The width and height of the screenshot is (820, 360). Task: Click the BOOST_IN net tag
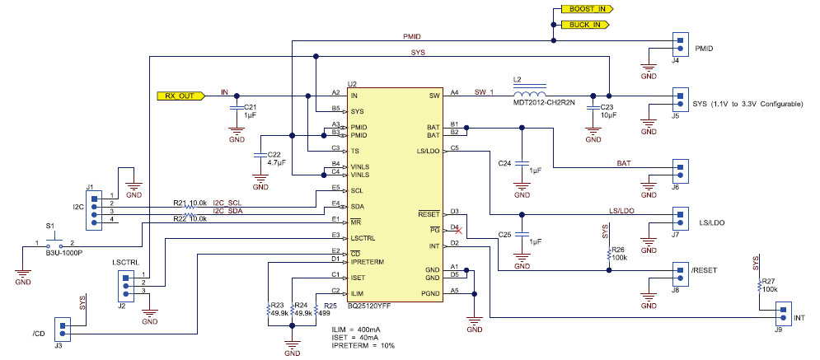[586, 8]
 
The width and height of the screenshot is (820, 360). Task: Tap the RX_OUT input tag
[178, 95]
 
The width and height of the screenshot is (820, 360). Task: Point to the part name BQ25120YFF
[368, 306]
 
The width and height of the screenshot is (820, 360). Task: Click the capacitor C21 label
[251, 108]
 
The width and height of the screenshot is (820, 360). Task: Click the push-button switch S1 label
[50, 225]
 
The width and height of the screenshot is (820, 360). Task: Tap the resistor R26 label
[619, 250]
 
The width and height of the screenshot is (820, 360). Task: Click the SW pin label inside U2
[434, 96]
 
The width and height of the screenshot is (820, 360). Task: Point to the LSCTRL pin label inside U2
[365, 237]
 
